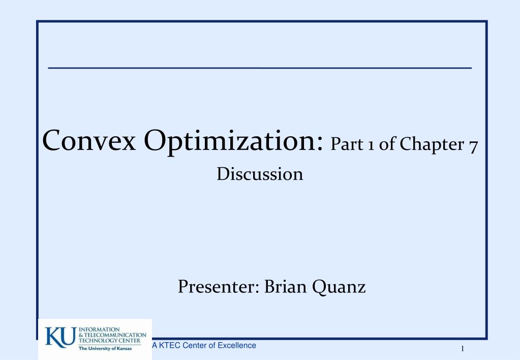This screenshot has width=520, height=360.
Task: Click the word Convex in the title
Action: [89, 140]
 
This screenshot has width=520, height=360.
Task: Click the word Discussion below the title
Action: [260, 174]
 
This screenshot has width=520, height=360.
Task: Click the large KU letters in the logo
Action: [60, 337]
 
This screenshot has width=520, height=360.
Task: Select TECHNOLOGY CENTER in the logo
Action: [109, 341]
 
